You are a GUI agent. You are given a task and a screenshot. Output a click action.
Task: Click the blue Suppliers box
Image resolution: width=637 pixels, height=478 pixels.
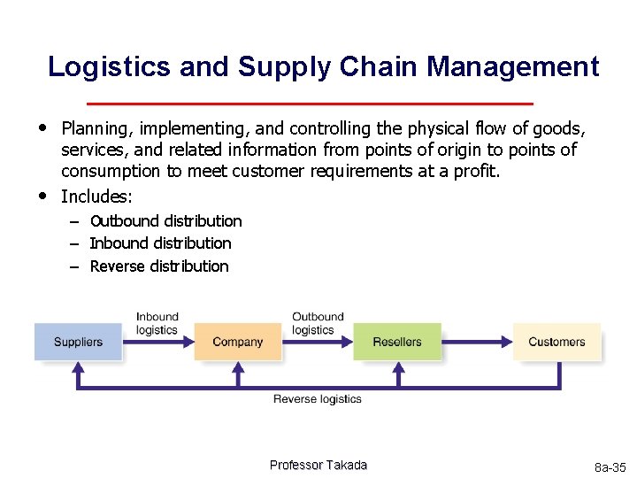[78, 342]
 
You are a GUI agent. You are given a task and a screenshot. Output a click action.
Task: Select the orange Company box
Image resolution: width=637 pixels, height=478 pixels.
[237, 342]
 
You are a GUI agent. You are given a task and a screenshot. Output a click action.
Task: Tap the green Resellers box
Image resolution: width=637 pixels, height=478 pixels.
[396, 342]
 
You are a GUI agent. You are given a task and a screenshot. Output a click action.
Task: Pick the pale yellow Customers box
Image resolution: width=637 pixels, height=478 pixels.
[556, 342]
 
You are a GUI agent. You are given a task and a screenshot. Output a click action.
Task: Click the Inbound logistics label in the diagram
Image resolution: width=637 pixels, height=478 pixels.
[157, 323]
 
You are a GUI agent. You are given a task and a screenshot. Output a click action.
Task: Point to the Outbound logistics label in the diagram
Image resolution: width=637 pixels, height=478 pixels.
[317, 323]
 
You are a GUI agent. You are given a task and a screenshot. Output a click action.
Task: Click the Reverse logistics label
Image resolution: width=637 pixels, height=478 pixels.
[317, 399]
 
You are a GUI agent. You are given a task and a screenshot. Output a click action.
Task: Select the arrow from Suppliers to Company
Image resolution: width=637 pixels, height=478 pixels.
[157, 342]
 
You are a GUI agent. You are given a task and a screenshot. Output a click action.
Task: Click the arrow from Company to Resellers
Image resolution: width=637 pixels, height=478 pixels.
[317, 342]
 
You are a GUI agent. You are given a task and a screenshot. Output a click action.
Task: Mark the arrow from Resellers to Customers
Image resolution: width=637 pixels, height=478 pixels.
[477, 342]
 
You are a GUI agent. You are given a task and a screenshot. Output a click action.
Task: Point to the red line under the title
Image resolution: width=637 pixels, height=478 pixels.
[318, 102]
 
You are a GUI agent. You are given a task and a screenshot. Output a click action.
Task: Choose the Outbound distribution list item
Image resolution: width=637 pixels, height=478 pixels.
[165, 221]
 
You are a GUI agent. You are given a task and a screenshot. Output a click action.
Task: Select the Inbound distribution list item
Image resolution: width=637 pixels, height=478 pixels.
[160, 243]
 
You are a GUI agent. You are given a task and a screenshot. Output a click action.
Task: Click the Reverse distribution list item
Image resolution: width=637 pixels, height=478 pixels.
[159, 266]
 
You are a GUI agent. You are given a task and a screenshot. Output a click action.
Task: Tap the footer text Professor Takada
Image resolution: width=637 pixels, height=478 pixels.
[318, 466]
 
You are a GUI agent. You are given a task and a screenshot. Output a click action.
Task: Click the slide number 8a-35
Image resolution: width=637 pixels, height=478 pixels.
[610, 466]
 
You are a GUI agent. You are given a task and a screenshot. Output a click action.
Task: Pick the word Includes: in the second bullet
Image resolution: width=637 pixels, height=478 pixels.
[96, 196]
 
